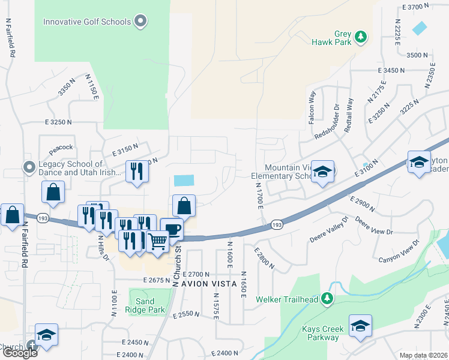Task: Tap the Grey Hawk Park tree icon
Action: click(361, 37)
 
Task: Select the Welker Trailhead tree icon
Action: click(327, 298)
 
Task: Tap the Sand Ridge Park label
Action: click(145, 305)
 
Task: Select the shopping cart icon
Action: click(157, 242)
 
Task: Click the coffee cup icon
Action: click(172, 229)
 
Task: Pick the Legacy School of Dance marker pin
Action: click(28, 166)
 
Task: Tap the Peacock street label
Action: click(61, 147)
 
